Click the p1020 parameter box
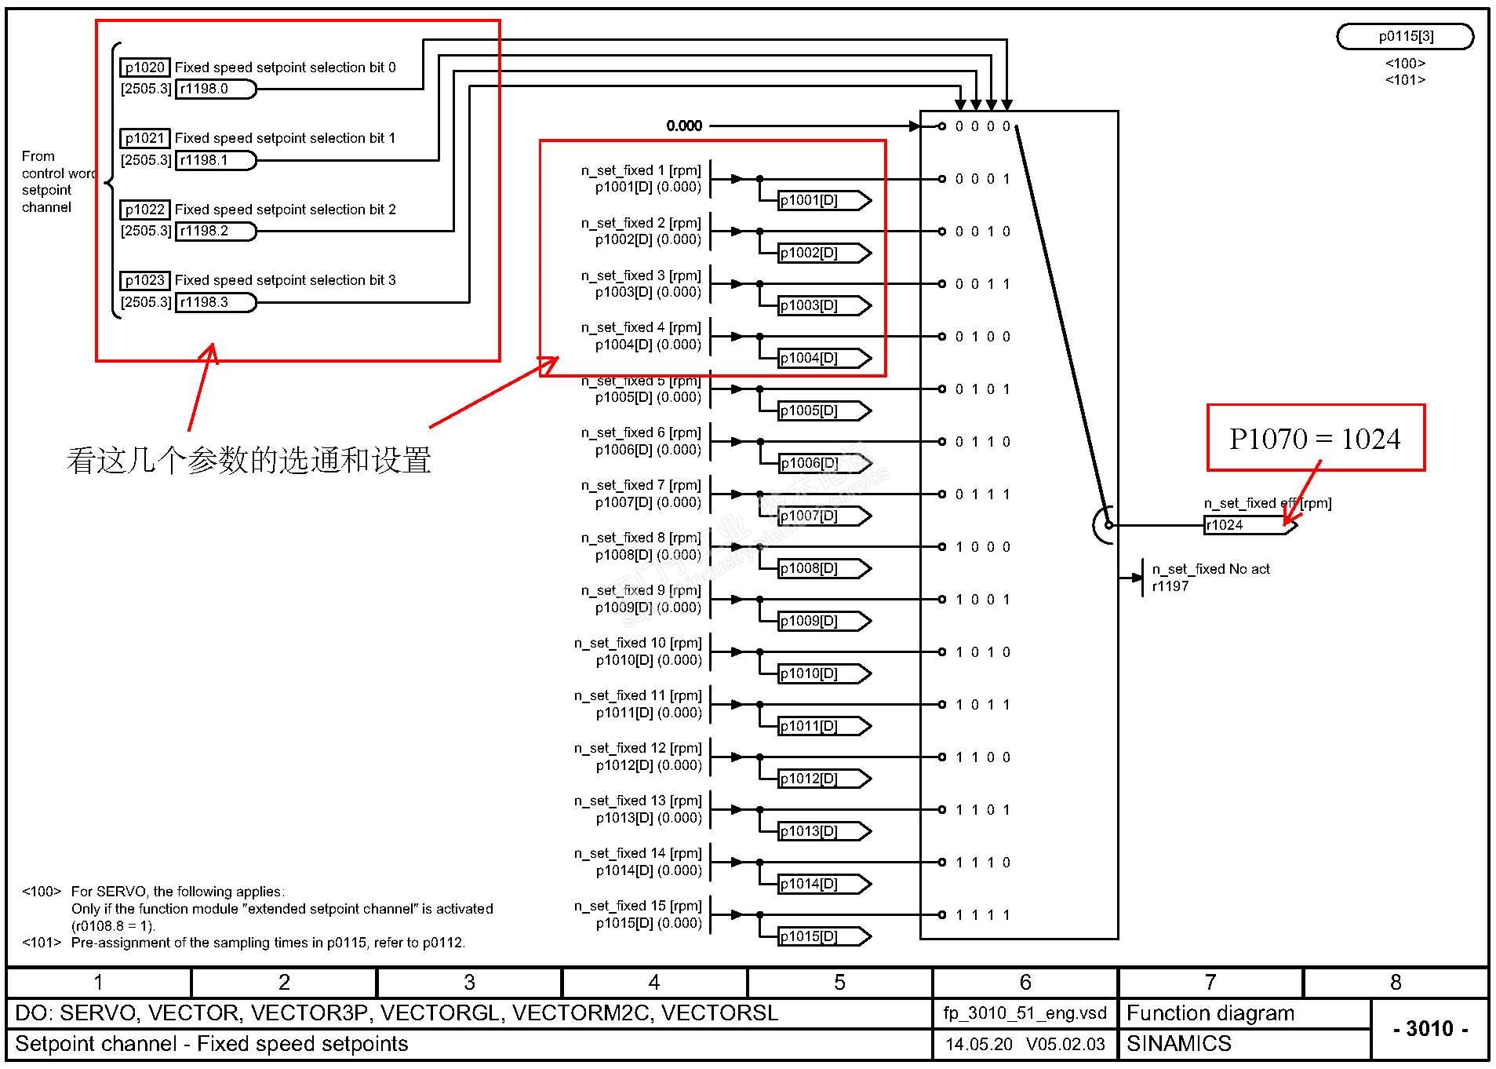click(144, 67)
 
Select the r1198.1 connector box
click(215, 160)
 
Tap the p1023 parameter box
click(144, 280)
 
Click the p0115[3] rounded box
click(1404, 36)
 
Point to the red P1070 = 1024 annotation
click(1315, 438)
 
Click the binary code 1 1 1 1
click(983, 915)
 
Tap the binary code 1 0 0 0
click(983, 547)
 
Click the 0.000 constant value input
click(684, 126)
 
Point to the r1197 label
click(1170, 586)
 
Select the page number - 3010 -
click(1430, 1028)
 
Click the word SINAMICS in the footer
click(1178, 1044)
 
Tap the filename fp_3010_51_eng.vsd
click(1025, 1013)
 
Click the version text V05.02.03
click(1065, 1044)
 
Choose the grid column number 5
click(839, 983)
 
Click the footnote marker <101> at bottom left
click(42, 943)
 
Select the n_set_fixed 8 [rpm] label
click(641, 538)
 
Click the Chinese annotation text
click(249, 461)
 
